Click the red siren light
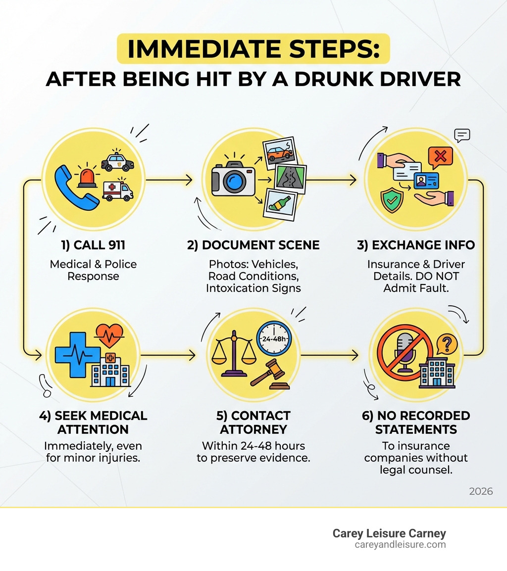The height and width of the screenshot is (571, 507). pyautogui.click(x=88, y=178)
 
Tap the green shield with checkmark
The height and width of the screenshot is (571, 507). pyautogui.click(x=392, y=199)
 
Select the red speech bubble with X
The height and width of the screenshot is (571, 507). pyautogui.click(x=440, y=157)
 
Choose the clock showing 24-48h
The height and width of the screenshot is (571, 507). pyautogui.click(x=274, y=339)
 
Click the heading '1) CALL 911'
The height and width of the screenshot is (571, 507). pyautogui.click(x=93, y=245)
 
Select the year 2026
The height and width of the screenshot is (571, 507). pyautogui.click(x=481, y=491)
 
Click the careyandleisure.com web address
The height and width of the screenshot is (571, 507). pyautogui.click(x=400, y=545)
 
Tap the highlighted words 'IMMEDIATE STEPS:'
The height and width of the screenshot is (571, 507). pyautogui.click(x=253, y=49)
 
